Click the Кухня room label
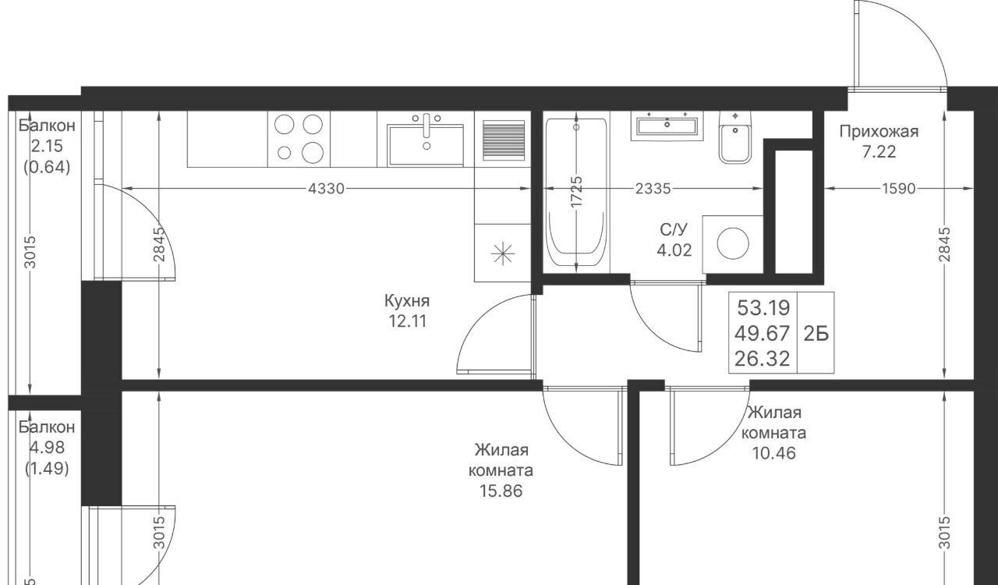[407, 301]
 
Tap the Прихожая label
[879, 132]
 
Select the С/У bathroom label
[674, 229]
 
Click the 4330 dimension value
[326, 189]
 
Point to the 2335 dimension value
[653, 189]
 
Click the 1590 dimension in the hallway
[899, 189]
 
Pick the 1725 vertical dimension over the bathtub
[576, 191]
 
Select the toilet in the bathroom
[734, 137]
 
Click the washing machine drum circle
[733, 243]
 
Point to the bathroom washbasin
[667, 126]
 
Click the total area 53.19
[763, 307]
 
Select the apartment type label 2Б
[816, 334]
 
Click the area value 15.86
[501, 491]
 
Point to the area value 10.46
[774, 453]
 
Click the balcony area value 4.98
[47, 447]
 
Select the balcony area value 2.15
[47, 147]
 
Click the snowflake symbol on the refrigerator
[503, 253]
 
